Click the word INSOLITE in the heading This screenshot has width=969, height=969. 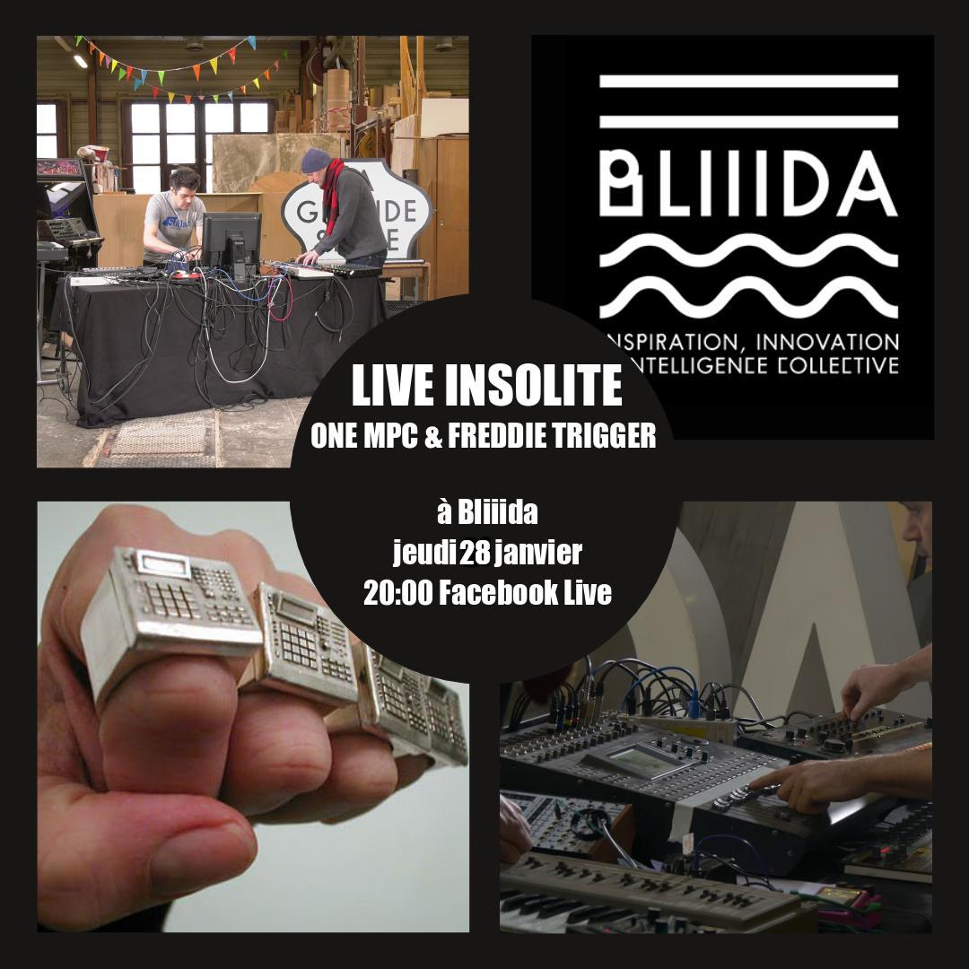[x=533, y=386]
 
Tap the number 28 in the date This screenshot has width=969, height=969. [x=475, y=553]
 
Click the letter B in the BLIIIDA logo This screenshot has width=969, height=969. [x=623, y=184]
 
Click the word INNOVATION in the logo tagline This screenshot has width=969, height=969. [x=827, y=342]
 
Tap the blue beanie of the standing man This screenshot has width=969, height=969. [x=316, y=160]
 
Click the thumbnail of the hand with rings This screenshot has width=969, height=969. [x=253, y=716]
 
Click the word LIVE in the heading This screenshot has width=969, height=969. [x=394, y=386]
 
